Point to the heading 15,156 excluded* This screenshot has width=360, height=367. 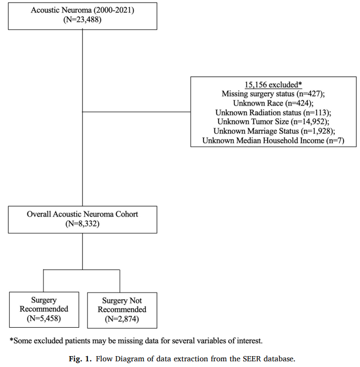tap(273, 84)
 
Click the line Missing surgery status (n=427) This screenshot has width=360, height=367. tap(273, 94)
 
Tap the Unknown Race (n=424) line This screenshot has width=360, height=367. tap(273, 103)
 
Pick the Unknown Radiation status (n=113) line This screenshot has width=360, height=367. tap(273, 112)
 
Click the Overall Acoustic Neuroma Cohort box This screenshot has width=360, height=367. tap(83, 219)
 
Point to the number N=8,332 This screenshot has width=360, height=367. tap(83, 224)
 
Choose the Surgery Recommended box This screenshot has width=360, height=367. tap(44, 309)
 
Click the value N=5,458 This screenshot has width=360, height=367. tap(44, 318)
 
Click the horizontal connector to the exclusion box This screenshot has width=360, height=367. tap(136, 112)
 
